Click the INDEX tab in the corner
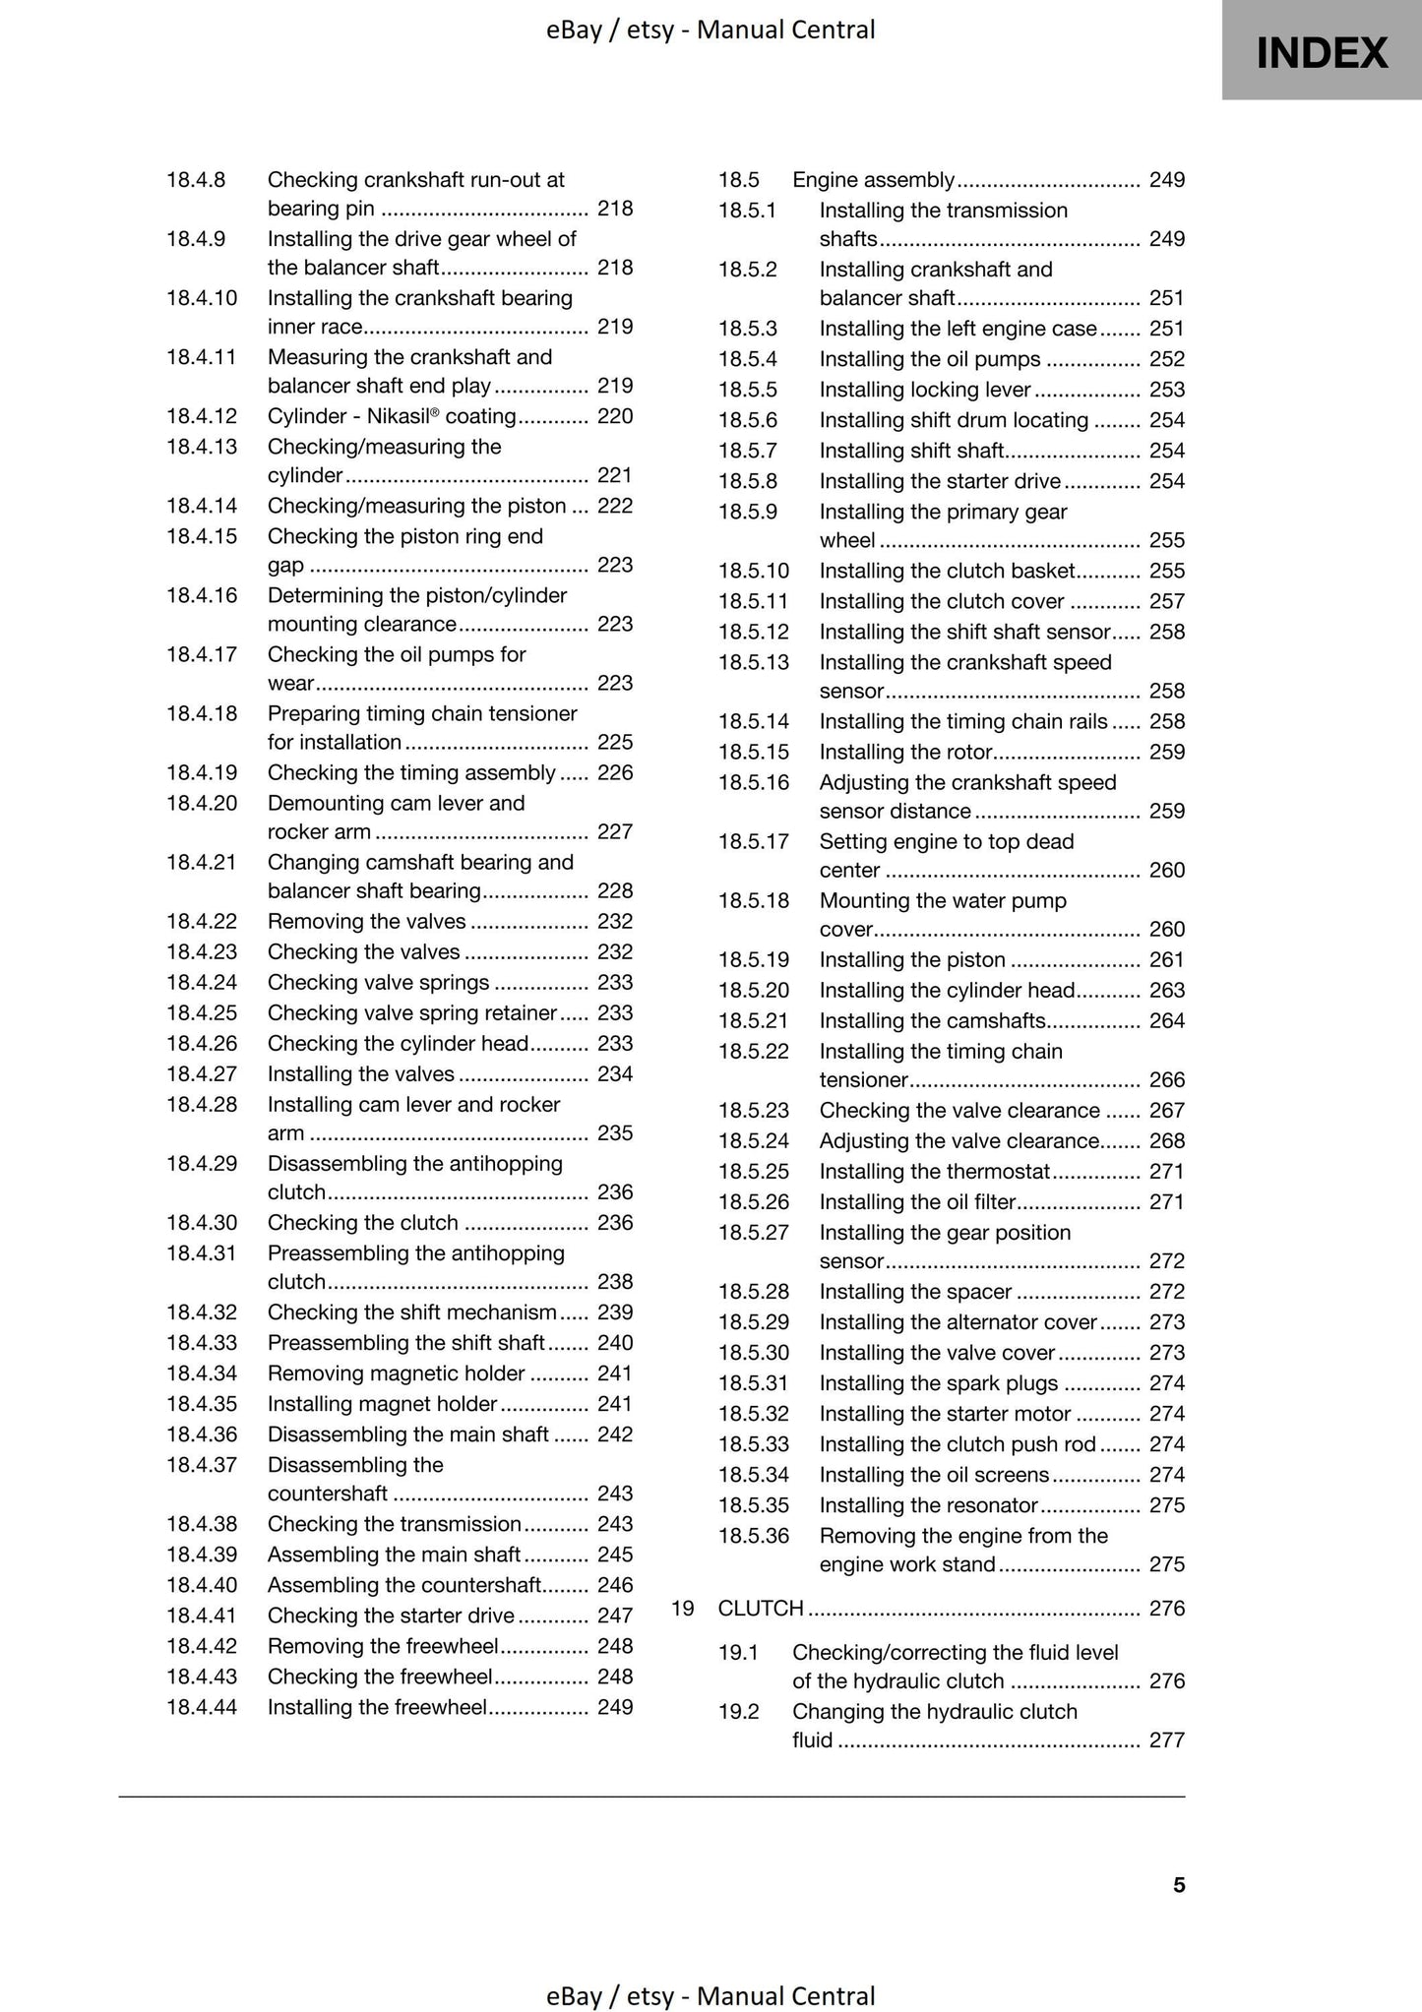click(x=1322, y=51)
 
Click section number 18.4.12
click(x=202, y=416)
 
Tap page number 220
click(x=615, y=416)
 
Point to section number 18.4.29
click(x=202, y=1164)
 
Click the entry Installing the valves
click(x=361, y=1074)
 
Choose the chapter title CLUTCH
click(x=761, y=1609)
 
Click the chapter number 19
click(x=683, y=1609)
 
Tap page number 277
click(x=1167, y=1740)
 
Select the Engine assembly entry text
click(x=873, y=180)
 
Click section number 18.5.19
click(x=754, y=960)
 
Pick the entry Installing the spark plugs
click(x=939, y=1383)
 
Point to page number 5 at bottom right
click(x=1179, y=1885)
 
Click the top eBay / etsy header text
click(x=711, y=30)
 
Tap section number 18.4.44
click(x=202, y=1707)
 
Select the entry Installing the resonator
click(x=929, y=1505)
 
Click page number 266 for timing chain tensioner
click(x=1167, y=1080)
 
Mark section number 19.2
click(x=739, y=1712)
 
